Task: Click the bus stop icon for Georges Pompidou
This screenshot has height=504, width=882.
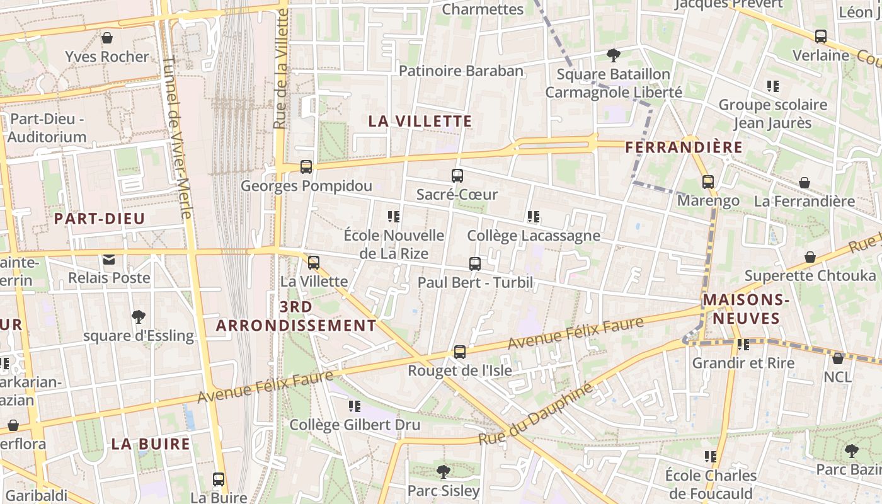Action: coord(306,167)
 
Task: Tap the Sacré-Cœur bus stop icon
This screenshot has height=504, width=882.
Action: coord(457,176)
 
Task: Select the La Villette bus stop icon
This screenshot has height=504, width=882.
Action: coord(314,263)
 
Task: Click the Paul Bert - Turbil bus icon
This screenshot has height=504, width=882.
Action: coord(475,264)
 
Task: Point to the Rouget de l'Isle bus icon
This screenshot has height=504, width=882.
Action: coord(460,352)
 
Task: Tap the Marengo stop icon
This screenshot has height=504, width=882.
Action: coord(708,182)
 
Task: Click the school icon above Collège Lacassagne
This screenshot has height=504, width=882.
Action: coord(534,217)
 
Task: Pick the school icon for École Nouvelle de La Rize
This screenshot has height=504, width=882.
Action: coord(394,217)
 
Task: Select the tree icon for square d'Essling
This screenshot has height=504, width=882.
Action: coord(139,317)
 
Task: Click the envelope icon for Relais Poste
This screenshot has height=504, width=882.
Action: coord(109,259)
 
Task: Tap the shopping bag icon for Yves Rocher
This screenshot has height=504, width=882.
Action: coord(107,38)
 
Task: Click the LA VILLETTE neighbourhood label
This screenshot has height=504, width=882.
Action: coord(420,121)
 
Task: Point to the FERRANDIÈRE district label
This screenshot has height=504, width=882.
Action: coord(684,147)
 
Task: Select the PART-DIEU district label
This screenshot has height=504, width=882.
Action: coord(100,219)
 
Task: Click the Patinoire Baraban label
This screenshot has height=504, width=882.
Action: coord(461,71)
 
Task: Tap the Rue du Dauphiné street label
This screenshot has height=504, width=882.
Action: coord(535,414)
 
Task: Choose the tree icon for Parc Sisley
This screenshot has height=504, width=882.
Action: coord(444,471)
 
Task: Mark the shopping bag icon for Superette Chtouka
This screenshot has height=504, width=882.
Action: coord(810,257)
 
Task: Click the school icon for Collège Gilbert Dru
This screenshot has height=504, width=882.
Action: coord(355,406)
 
